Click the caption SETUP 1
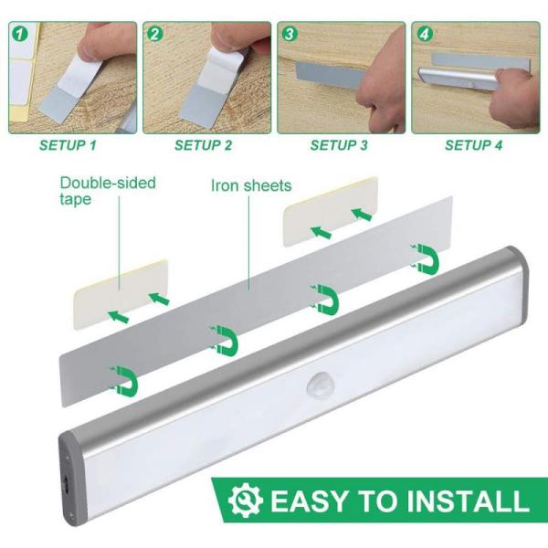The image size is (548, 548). coord(67,144)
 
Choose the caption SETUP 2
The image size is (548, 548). coord(203,144)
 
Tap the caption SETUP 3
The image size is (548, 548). coord(338,144)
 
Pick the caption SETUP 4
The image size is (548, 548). coord(473,144)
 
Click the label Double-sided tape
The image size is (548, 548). coord(108,191)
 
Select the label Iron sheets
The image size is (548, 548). coord(251,186)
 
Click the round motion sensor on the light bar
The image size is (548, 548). coord(319,381)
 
